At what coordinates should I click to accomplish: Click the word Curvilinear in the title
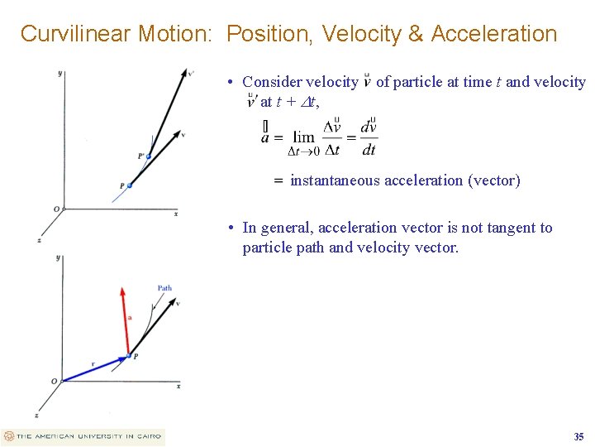(x=74, y=34)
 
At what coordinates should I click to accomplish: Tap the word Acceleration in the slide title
(x=494, y=34)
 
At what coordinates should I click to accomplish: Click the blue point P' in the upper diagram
(x=149, y=156)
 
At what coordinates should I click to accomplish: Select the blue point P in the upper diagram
(x=130, y=185)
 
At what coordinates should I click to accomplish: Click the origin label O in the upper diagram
(x=56, y=209)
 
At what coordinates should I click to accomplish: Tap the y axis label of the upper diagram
(x=60, y=73)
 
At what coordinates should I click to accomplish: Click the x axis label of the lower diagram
(x=179, y=386)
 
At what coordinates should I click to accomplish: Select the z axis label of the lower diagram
(x=36, y=414)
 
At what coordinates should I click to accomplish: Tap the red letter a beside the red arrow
(x=129, y=317)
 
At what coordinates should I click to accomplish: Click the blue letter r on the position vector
(x=93, y=363)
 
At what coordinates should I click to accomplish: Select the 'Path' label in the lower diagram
(x=164, y=288)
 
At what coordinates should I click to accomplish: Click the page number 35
(x=578, y=436)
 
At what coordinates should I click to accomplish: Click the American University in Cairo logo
(x=83, y=436)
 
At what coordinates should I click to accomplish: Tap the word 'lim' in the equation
(x=304, y=137)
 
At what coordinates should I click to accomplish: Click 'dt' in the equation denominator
(x=369, y=150)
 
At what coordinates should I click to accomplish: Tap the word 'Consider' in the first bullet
(x=272, y=82)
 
